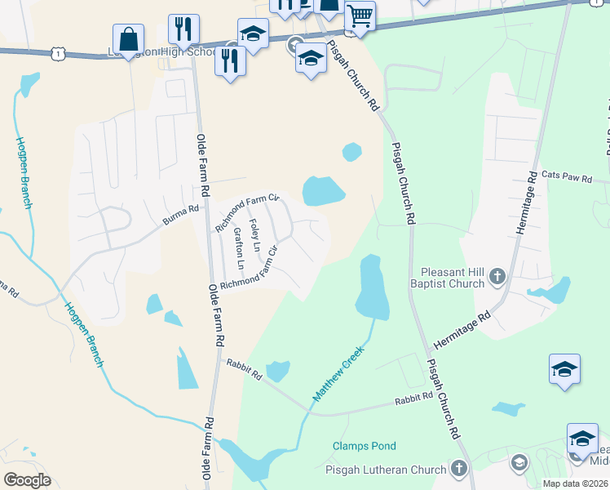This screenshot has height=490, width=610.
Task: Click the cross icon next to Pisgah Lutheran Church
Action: (459, 469)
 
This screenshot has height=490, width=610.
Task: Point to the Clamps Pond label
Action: (365, 446)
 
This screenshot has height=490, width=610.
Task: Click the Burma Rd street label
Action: (181, 216)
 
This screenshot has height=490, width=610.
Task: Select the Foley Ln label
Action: (255, 235)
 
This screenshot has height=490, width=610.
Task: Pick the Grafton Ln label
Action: (238, 248)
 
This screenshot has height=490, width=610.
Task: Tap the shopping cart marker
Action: (360, 17)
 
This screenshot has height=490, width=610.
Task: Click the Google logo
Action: (27, 480)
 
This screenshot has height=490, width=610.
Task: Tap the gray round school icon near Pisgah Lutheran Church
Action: (518, 464)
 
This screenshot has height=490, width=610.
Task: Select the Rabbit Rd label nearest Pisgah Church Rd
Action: (413, 398)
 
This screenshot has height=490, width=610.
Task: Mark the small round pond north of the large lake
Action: (351, 152)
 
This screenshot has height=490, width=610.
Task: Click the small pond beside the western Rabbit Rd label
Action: (277, 371)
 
